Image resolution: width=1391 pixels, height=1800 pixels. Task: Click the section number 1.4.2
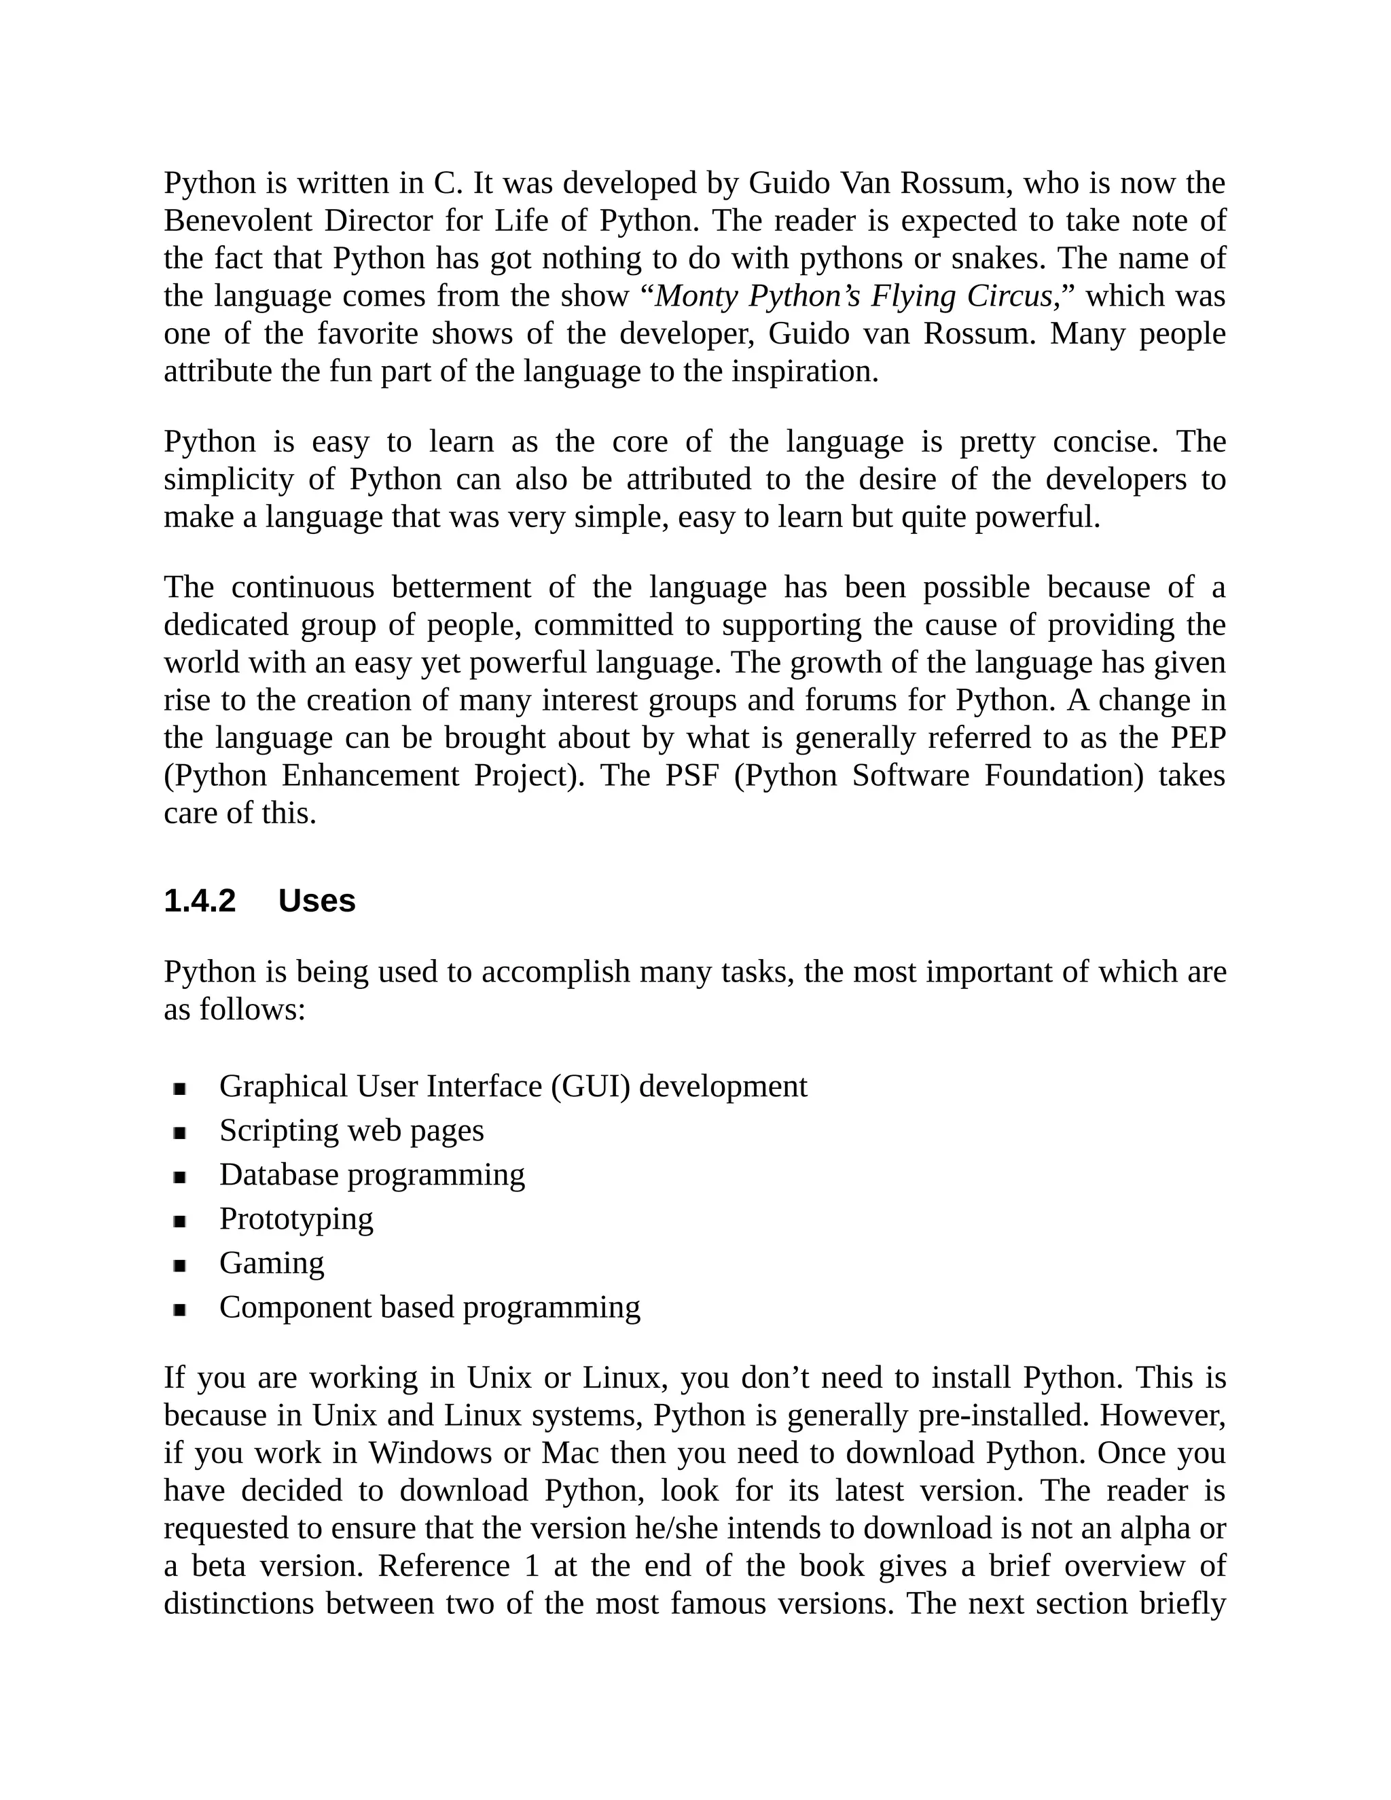(200, 901)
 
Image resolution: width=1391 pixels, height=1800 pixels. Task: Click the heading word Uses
(317, 901)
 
